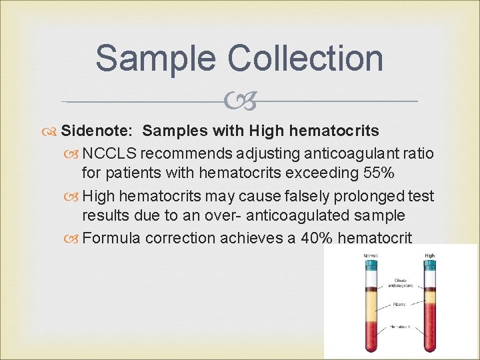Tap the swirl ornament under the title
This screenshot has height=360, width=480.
pos(240,102)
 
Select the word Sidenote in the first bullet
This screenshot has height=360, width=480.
pos(98,131)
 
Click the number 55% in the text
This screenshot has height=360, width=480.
pos(379,174)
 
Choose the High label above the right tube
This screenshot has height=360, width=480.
pos(430,255)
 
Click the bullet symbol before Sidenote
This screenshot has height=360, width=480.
pos(53,131)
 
